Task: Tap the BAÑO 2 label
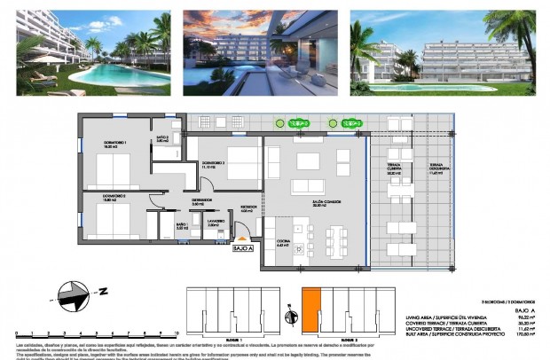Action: [162, 139]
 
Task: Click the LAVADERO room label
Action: [215, 223]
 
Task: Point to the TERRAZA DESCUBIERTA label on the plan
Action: [435, 170]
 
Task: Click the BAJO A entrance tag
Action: [243, 250]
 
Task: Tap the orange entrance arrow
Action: [243, 239]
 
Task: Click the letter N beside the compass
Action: [105, 290]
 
